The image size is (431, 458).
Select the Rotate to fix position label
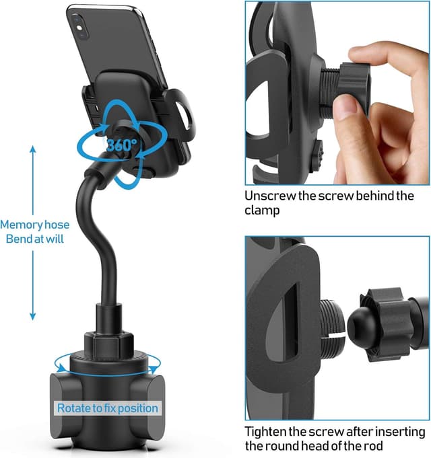click(107, 408)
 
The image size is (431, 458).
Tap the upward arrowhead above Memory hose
click(32, 149)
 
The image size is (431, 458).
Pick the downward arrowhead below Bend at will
click(32, 316)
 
